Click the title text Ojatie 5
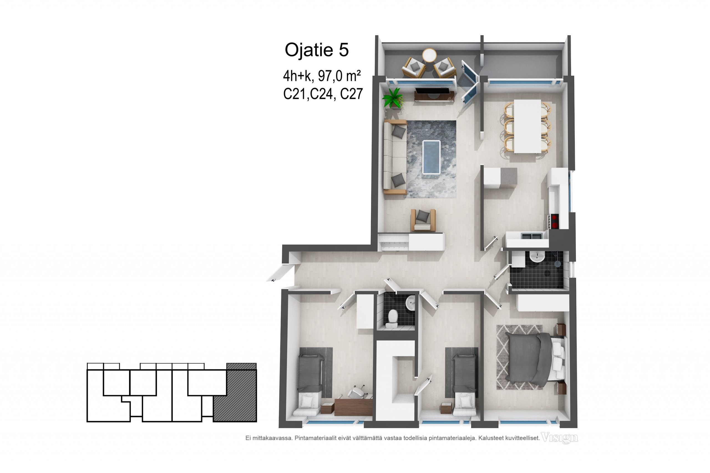[x=317, y=50]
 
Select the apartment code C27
[x=351, y=94]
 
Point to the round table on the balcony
[x=429, y=56]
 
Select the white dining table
[x=527, y=126]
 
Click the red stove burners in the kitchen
[x=554, y=221]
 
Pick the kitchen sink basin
[x=531, y=236]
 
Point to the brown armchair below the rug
[x=423, y=220]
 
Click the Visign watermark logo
[x=559, y=438]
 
